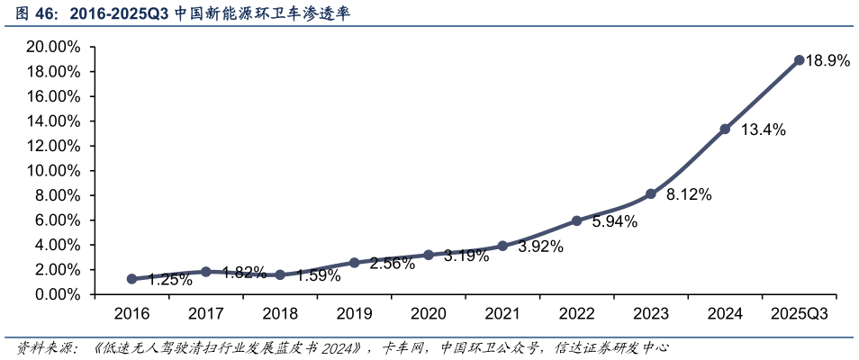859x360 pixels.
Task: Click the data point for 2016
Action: pyautogui.click(x=131, y=279)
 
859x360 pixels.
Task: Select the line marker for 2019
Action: pyautogui.click(x=354, y=263)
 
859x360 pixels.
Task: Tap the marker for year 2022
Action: pyautogui.click(x=576, y=220)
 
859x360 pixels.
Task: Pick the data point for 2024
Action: pyautogui.click(x=725, y=129)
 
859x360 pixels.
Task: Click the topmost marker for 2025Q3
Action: pyautogui.click(x=799, y=60)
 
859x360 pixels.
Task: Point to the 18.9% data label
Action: pyautogui.click(x=827, y=61)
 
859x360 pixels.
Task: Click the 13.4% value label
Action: pyautogui.click(x=763, y=130)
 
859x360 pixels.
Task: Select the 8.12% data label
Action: pyautogui.click(x=689, y=194)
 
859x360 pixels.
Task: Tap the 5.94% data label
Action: pyautogui.click(x=615, y=221)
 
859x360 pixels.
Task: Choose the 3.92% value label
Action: pyautogui.click(x=540, y=247)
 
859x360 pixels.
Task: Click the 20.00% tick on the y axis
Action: pyautogui.click(x=54, y=47)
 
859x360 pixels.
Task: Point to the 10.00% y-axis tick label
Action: pyautogui.click(x=54, y=171)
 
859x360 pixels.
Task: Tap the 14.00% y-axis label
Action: pyautogui.click(x=54, y=121)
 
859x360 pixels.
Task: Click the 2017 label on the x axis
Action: pyautogui.click(x=206, y=313)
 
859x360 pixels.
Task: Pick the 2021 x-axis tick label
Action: pyautogui.click(x=502, y=313)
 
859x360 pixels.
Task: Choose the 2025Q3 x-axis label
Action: pyautogui.click(x=799, y=313)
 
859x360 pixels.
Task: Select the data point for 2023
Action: pyautogui.click(x=651, y=193)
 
